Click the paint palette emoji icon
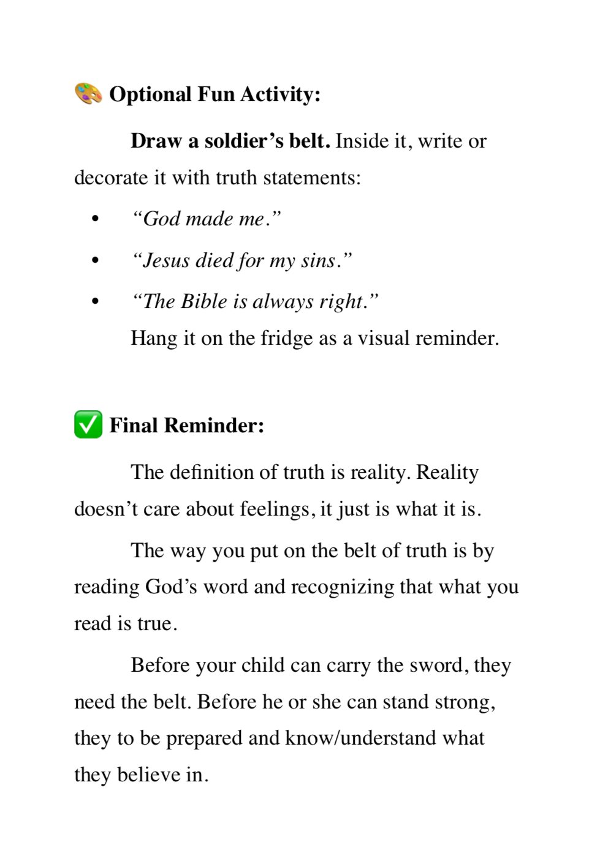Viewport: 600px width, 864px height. pyautogui.click(x=88, y=94)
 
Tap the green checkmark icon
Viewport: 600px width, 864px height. pyautogui.click(x=88, y=425)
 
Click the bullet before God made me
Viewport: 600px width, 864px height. pyautogui.click(x=94, y=219)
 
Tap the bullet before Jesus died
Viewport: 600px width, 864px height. pyautogui.click(x=94, y=261)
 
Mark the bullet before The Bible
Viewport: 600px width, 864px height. pyautogui.click(x=94, y=302)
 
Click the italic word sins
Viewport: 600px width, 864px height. pyautogui.click(x=319, y=261)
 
